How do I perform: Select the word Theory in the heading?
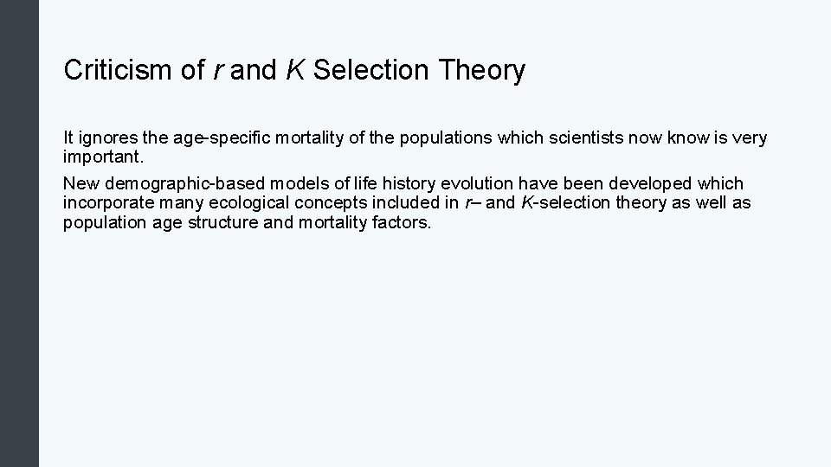coord(481,71)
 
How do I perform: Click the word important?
coord(98,157)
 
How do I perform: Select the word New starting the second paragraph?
coord(81,184)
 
